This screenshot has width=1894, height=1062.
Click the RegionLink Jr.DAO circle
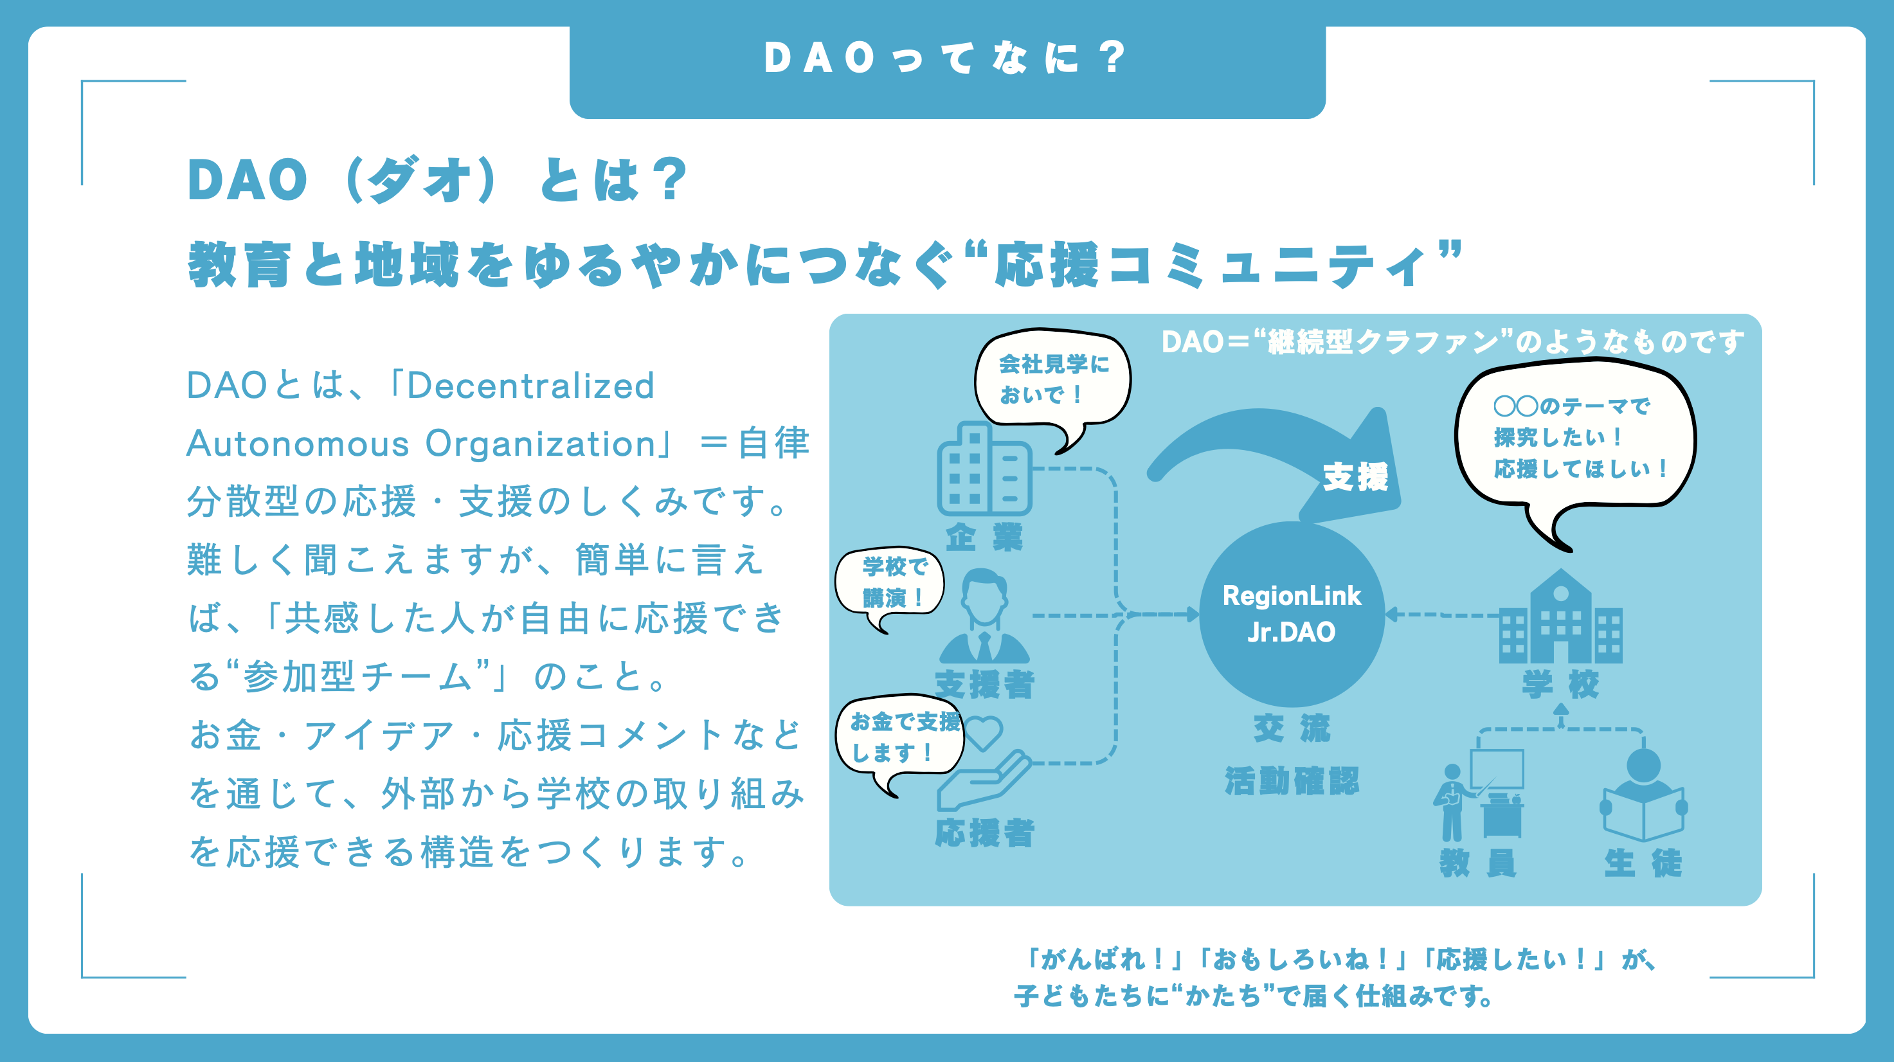click(x=1292, y=615)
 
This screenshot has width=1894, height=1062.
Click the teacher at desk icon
click(x=1479, y=795)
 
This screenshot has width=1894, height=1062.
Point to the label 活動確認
click(x=1292, y=780)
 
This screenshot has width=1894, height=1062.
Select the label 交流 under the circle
click(x=1292, y=728)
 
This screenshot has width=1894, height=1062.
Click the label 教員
click(x=1478, y=863)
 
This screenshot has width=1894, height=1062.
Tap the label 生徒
click(x=1643, y=863)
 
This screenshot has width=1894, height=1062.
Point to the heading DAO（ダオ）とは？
click(x=438, y=179)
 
